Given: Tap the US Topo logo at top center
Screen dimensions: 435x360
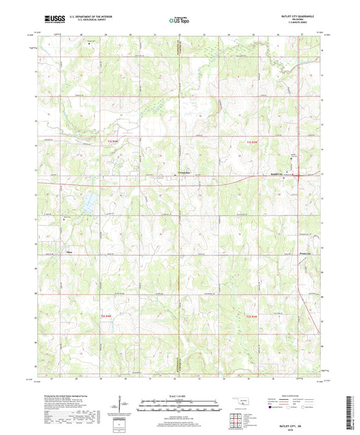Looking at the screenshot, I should pyautogui.click(x=179, y=20).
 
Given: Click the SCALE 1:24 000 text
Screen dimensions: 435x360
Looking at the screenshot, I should pyautogui.click(x=179, y=396).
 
